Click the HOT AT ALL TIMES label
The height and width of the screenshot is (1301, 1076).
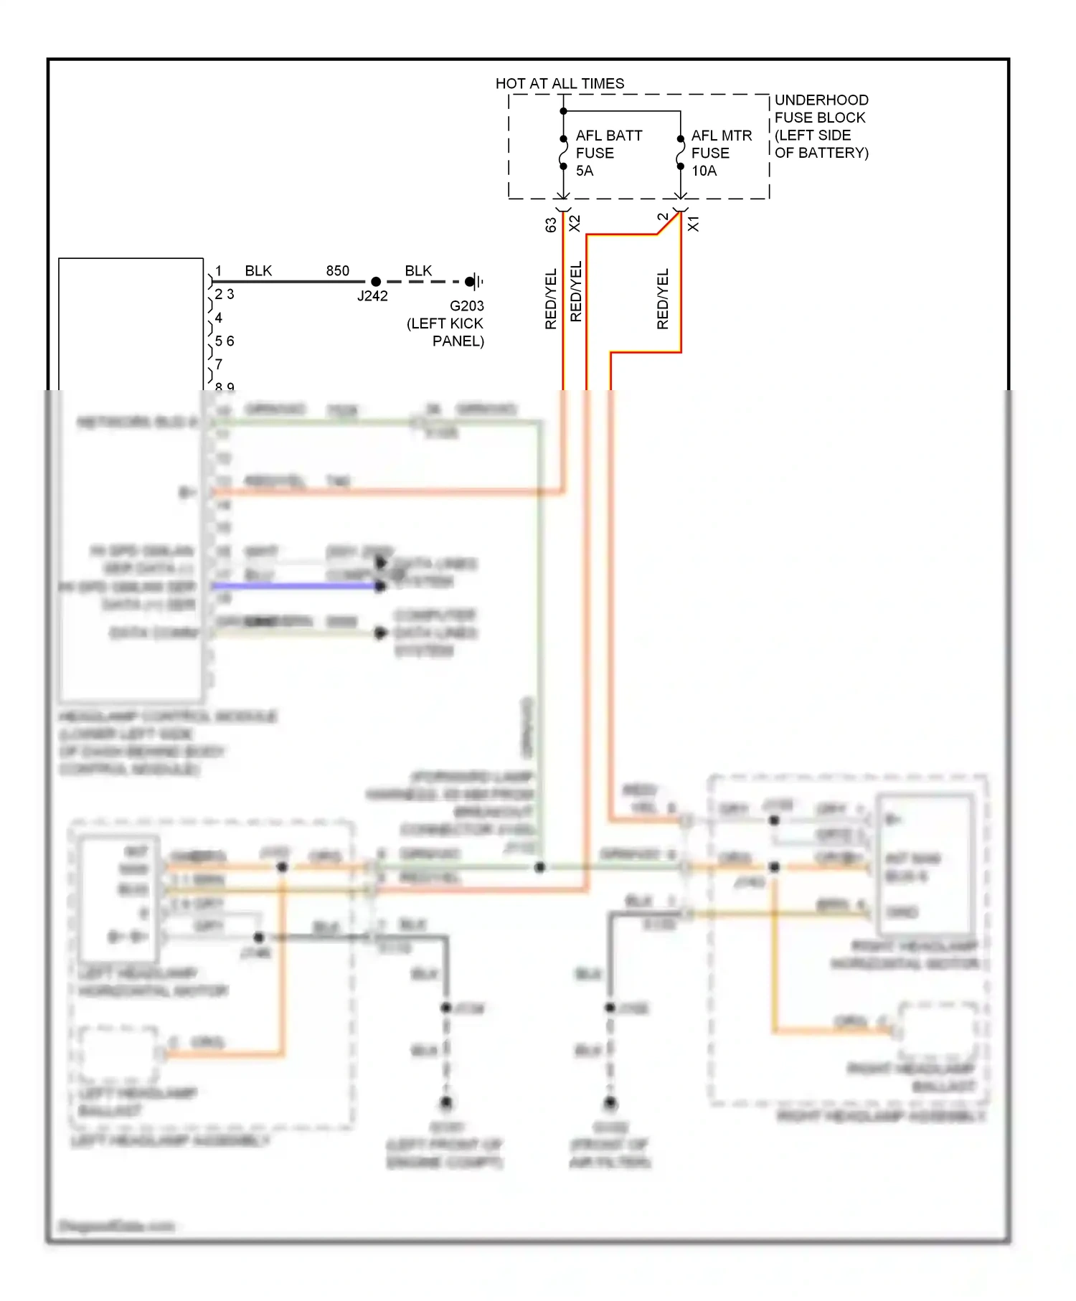pos(560,84)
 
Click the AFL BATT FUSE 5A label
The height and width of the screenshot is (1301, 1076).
pos(608,153)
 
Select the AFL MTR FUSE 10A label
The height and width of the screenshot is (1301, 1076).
pos(721,153)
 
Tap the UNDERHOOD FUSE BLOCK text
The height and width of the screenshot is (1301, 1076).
pos(821,126)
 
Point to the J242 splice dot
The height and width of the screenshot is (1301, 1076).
pos(375,282)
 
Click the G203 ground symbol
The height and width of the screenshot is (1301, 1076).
pos(473,282)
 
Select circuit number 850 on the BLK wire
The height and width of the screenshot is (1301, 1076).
pos(337,271)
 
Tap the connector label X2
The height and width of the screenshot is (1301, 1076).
pos(575,224)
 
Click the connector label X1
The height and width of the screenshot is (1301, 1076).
pos(693,224)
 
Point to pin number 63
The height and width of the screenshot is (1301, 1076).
pos(551,224)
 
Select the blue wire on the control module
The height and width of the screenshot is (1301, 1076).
pos(294,587)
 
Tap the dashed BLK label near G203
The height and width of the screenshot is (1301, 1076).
pos(418,271)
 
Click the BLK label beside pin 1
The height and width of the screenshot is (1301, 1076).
pos(258,271)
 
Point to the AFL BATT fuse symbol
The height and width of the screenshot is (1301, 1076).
pos(564,153)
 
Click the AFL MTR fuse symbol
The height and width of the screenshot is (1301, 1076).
pos(680,153)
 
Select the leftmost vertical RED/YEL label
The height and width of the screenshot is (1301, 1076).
pos(551,300)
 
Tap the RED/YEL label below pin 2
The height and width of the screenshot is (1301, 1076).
pos(663,300)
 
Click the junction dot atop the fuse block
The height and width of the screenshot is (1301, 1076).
pos(564,111)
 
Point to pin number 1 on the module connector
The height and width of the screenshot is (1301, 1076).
pos(219,271)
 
